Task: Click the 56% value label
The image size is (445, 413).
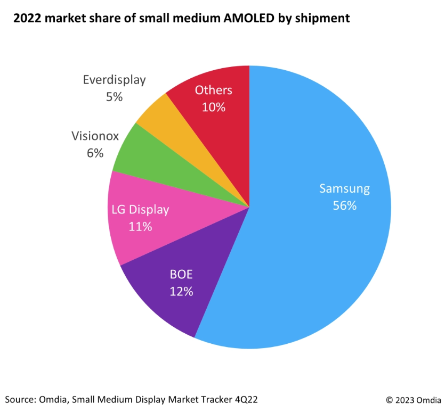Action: (x=344, y=205)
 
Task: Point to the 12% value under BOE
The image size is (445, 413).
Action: (x=181, y=291)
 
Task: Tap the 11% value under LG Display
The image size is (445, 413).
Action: (x=140, y=226)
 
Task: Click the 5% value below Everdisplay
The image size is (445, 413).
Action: (x=114, y=97)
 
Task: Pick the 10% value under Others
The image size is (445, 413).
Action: (x=214, y=107)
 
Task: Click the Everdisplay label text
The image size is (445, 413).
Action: (x=114, y=80)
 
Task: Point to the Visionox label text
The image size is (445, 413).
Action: (x=95, y=136)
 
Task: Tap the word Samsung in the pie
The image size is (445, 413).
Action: (x=344, y=188)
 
